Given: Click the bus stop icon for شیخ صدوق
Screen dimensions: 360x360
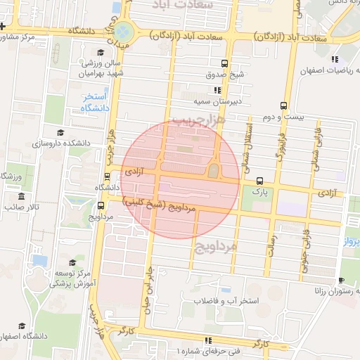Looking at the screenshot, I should pos(224,63).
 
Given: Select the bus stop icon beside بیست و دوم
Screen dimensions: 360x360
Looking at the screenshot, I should pos(284,105).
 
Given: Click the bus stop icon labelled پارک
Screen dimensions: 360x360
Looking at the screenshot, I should pos(260,180).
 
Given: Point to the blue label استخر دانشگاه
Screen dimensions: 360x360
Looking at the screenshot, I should pos(94,102).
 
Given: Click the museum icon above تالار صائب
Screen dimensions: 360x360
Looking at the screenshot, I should pos(22,196).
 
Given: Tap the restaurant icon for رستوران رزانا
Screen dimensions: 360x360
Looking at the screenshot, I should pos(341,281).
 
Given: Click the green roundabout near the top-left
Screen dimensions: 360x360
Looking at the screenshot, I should pos(124,32).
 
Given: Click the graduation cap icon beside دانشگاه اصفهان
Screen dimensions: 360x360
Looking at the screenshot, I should pos(22,326).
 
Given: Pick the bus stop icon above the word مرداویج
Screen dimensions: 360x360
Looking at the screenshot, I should pos(102,205).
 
